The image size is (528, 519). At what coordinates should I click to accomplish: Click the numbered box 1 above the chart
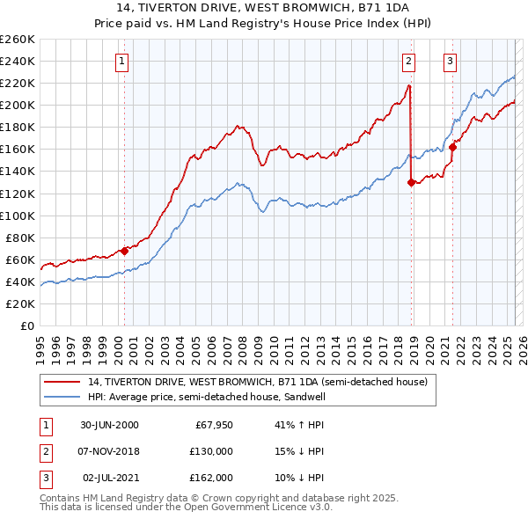pyautogui.click(x=121, y=62)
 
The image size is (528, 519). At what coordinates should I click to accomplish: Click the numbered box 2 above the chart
pyautogui.click(x=409, y=62)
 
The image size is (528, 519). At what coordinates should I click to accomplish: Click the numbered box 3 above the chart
pyautogui.click(x=450, y=62)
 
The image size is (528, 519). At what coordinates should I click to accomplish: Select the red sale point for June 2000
pyautogui.click(x=124, y=251)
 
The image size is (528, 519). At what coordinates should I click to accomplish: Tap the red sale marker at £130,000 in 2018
pyautogui.click(x=411, y=182)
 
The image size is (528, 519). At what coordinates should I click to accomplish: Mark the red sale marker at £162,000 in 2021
pyautogui.click(x=452, y=147)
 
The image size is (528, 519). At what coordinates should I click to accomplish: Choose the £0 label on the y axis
pyautogui.click(x=26, y=325)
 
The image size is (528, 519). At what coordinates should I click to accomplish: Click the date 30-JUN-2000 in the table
pyautogui.click(x=109, y=425)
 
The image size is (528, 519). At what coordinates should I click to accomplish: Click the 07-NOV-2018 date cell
pyautogui.click(x=109, y=451)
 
